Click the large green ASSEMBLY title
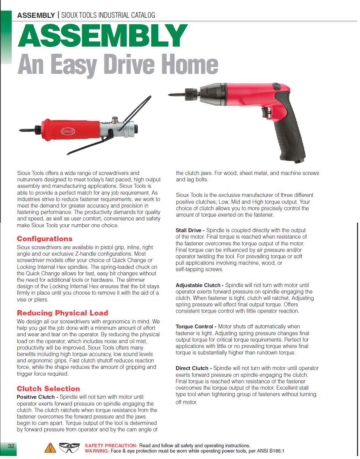(102, 36)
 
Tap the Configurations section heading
(45, 239)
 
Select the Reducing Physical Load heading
(62, 313)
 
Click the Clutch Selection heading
(48, 389)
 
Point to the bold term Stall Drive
(190, 230)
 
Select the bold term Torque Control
(196, 326)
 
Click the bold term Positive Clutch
(37, 397)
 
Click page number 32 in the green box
(11, 446)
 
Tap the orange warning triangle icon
(50, 448)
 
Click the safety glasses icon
(70, 448)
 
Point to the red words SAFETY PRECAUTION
(111, 446)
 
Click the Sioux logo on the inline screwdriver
(68, 131)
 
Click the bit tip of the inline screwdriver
(21, 130)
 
